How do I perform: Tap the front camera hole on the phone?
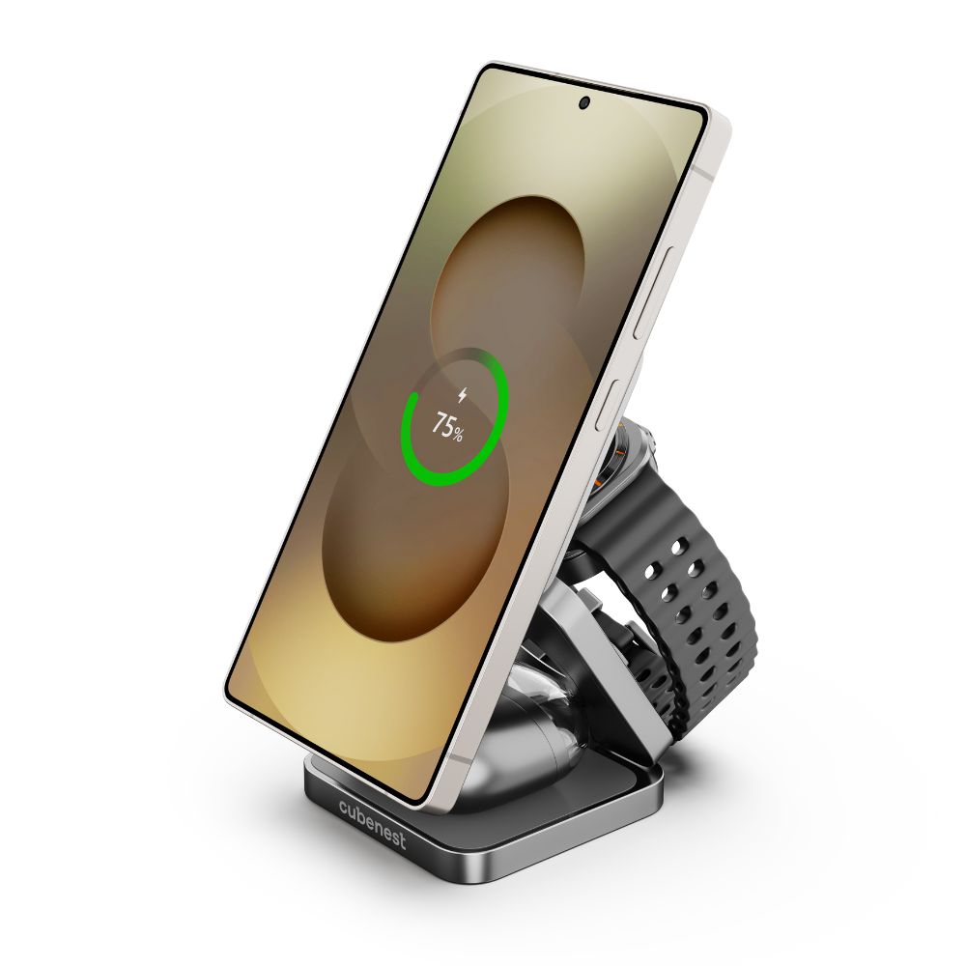[584, 103]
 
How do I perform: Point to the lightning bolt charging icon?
[462, 395]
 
